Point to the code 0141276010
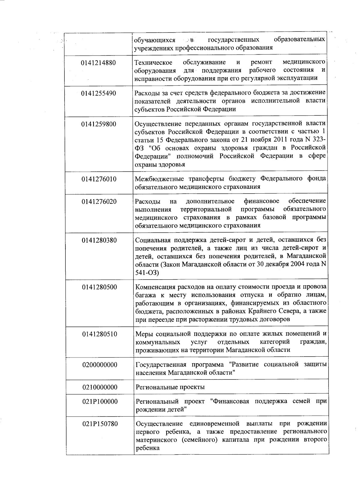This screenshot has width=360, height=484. click(99, 179)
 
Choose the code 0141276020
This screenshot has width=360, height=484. click(99, 201)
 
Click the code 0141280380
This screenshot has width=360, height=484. click(99, 240)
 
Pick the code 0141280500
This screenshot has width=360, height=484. click(99, 287)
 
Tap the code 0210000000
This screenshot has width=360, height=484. click(100, 387)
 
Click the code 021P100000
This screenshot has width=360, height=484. click(100, 402)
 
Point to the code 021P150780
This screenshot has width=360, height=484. click(100, 424)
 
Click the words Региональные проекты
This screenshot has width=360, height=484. click(170, 387)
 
